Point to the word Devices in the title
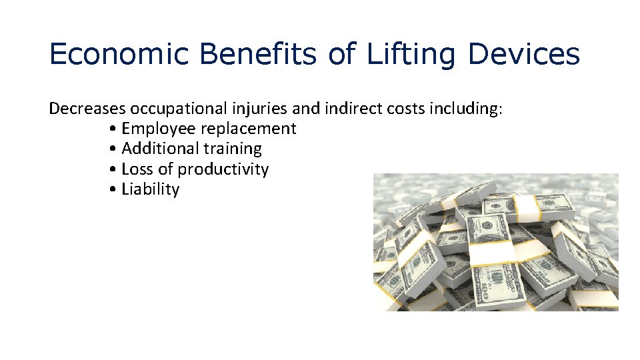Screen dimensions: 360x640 pos(523,54)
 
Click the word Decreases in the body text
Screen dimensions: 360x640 pos(87,109)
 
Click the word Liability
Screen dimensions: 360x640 pos(151,190)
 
